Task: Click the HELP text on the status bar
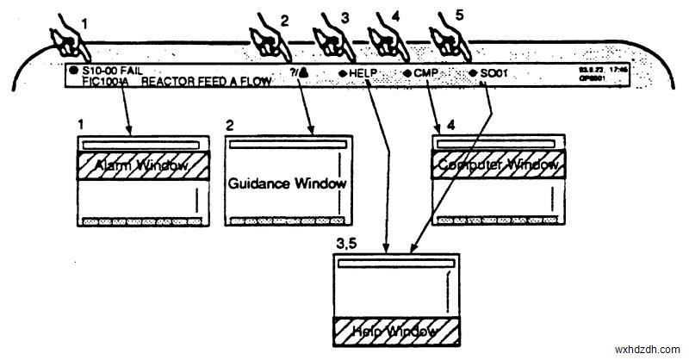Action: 365,74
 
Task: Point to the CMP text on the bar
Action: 427,74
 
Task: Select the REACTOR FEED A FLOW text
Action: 207,82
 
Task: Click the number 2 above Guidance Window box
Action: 230,126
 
